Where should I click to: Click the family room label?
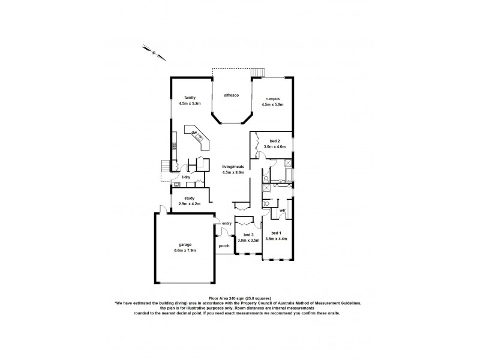click(x=190, y=97)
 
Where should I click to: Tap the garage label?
click(x=186, y=244)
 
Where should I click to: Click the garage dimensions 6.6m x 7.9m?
click(x=186, y=250)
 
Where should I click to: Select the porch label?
click(x=224, y=245)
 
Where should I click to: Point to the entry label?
click(x=227, y=224)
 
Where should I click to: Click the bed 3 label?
click(x=248, y=235)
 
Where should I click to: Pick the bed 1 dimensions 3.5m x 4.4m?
click(x=275, y=239)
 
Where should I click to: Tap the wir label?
click(x=283, y=211)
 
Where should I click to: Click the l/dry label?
click(x=186, y=178)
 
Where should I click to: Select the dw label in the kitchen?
click(x=194, y=132)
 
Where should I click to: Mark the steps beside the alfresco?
click(x=257, y=73)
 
